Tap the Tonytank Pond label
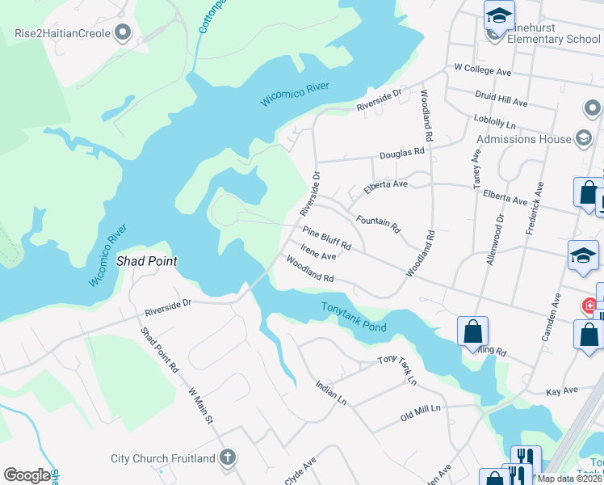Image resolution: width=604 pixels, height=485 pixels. point(354,317)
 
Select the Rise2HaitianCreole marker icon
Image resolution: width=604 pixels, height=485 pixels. point(123,33)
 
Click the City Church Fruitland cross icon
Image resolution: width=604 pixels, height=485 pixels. point(228,458)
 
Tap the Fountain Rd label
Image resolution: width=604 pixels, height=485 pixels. point(378,223)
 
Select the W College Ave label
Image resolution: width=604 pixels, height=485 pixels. point(483,71)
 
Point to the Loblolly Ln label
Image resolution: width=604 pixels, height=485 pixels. point(494,120)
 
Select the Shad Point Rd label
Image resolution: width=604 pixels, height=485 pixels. point(158,350)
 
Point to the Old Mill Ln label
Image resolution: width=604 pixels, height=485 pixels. point(420,415)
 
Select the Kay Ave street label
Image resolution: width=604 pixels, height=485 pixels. point(562,390)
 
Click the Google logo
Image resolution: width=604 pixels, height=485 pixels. point(27,475)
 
